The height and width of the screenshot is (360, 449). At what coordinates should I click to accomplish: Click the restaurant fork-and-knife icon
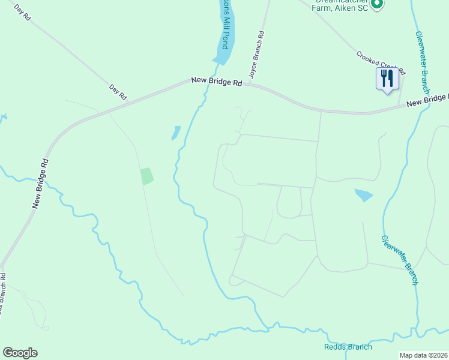(x=387, y=78)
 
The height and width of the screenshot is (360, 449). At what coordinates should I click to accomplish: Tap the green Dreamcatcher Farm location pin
(x=376, y=5)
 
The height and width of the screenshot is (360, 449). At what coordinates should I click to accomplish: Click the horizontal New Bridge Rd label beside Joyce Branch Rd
(x=217, y=82)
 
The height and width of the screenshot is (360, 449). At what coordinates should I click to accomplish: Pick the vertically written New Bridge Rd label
(x=41, y=184)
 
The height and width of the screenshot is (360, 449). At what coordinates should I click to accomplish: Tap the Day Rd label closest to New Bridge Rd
(x=118, y=92)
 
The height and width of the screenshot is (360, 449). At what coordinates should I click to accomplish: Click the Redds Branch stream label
(x=348, y=347)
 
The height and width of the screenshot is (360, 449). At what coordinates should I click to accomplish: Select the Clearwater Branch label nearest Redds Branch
(x=399, y=259)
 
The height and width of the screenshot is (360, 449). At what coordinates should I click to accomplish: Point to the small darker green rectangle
(x=147, y=176)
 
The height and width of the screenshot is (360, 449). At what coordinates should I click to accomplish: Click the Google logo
(x=20, y=353)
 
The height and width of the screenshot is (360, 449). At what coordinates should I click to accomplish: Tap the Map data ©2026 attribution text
(x=423, y=355)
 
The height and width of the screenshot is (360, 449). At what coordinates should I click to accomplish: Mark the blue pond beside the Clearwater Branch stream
(x=364, y=195)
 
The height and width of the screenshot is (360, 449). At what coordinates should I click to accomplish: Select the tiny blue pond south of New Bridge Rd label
(x=176, y=133)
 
